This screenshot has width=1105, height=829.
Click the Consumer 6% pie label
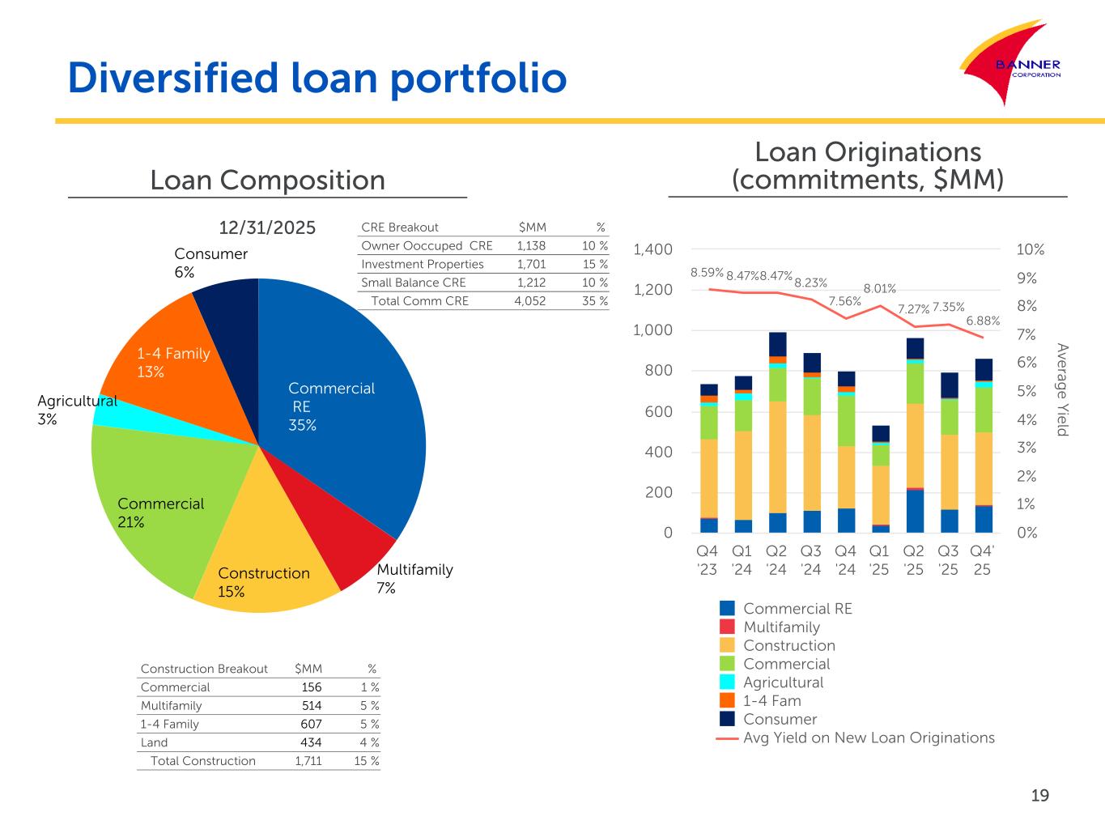tap(211, 263)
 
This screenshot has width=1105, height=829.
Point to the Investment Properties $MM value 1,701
tap(531, 264)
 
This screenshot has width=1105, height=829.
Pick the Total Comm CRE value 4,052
tap(529, 301)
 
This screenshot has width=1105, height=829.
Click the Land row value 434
tap(311, 742)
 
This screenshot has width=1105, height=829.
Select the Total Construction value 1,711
tap(308, 761)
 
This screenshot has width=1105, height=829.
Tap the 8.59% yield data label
tap(707, 272)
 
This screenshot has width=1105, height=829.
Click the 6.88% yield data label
tap(983, 321)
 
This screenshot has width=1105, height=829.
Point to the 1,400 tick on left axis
tap(652, 249)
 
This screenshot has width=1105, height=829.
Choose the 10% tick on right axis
tap(1031, 249)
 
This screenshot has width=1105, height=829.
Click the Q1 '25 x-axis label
tap(879, 560)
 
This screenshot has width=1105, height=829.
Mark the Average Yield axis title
tap(1062, 389)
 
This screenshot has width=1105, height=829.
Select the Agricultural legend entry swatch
tap(727, 682)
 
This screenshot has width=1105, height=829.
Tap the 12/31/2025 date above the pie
tap(267, 227)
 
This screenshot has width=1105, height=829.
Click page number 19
tap(1040, 795)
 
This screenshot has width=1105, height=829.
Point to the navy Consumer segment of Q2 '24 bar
tap(778, 344)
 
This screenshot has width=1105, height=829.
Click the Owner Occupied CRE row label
tap(427, 245)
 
